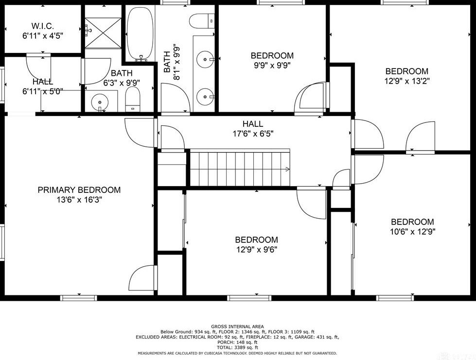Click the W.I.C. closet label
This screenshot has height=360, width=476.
pos(42,25)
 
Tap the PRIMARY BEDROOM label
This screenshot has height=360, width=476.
pos(79,190)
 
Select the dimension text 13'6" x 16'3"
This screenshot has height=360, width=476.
pos(79,199)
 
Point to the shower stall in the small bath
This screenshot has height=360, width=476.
pos(103,33)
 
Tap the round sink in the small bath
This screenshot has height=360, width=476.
pos(101,103)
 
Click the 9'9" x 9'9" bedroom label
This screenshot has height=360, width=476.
pos(272,55)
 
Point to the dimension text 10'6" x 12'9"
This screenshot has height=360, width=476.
pos(412,232)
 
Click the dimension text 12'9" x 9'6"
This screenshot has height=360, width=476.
pos(256,250)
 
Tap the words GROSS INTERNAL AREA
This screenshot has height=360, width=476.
pos(237,326)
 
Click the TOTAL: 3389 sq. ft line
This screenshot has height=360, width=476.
pos(237,347)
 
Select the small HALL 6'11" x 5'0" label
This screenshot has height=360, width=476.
pos(43,86)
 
